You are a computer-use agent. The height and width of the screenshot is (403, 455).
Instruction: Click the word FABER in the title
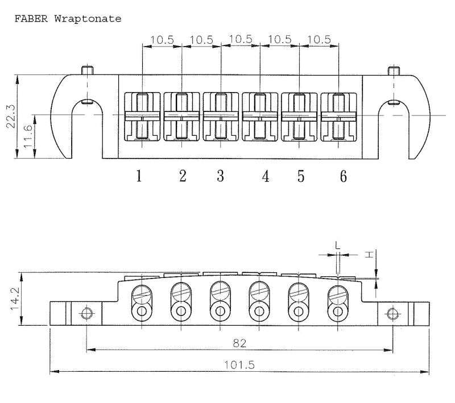click(x=31, y=19)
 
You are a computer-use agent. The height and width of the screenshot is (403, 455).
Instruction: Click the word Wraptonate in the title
click(x=88, y=19)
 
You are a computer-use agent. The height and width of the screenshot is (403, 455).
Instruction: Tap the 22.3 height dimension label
click(x=11, y=116)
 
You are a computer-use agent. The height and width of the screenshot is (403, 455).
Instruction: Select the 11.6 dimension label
click(x=28, y=136)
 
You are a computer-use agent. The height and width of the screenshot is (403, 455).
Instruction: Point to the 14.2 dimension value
click(x=15, y=298)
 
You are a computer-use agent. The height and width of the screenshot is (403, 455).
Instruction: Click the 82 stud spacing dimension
click(x=239, y=343)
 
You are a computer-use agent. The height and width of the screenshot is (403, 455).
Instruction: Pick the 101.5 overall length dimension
click(x=239, y=365)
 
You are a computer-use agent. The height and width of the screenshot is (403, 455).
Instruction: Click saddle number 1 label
click(x=139, y=176)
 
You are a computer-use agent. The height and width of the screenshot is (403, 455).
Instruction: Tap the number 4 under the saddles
click(x=266, y=176)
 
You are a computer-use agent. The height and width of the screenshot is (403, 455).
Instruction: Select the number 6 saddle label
click(x=344, y=176)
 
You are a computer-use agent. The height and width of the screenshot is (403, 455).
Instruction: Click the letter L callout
click(x=337, y=246)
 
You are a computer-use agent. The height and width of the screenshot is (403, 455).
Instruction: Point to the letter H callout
click(x=369, y=255)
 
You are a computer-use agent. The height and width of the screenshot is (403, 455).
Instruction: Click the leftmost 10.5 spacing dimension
click(x=162, y=40)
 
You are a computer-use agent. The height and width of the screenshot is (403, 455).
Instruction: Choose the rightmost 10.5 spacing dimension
click(x=319, y=39)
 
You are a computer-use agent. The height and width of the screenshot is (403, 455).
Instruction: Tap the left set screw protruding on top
click(x=88, y=70)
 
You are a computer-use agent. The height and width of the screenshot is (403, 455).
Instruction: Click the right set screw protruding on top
click(x=394, y=70)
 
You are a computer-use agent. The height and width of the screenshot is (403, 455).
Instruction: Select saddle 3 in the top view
click(x=221, y=117)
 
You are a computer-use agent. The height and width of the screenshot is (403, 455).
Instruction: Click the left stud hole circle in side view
click(x=87, y=313)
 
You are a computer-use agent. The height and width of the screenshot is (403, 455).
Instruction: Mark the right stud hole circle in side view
click(x=392, y=314)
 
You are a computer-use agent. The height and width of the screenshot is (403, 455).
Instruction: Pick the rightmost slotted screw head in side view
click(x=338, y=294)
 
